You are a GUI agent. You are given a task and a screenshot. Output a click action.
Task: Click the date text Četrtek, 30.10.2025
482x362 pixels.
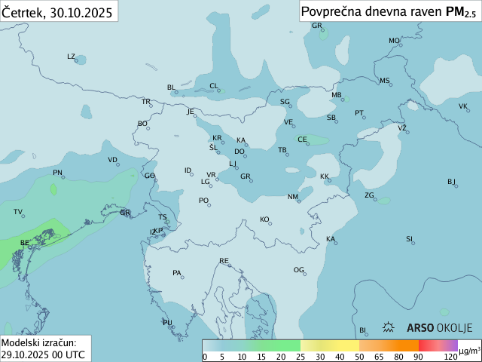click(57, 12)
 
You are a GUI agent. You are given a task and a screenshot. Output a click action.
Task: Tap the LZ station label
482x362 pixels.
click(71, 57)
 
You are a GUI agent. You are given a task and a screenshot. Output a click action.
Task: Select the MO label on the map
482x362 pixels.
click(394, 41)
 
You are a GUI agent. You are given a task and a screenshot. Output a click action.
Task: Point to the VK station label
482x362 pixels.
click(463, 106)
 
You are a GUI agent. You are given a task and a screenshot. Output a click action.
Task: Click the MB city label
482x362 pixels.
click(337, 95)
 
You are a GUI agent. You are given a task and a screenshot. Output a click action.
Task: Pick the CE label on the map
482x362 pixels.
click(302, 140)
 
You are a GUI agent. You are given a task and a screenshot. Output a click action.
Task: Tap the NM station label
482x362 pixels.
click(292, 197)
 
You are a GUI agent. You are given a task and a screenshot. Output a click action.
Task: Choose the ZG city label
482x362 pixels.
click(370, 195)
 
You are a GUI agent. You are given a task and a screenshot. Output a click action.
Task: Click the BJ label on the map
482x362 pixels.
click(452, 182)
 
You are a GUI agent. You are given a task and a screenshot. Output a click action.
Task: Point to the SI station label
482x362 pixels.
click(410, 239)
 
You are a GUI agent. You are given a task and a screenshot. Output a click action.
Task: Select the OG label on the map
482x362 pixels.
click(299, 270)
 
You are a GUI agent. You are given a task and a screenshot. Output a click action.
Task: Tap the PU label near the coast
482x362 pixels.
click(167, 323)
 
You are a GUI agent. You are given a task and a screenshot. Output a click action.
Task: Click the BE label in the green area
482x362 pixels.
click(25, 243)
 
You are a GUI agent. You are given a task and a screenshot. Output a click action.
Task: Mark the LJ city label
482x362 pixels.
click(233, 164)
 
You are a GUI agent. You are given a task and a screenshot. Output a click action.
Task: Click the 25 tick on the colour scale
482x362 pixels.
click(300, 357)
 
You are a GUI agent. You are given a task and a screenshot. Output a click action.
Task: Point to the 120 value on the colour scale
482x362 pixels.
click(450, 357)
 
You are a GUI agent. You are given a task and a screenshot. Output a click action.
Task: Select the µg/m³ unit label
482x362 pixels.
click(469, 351)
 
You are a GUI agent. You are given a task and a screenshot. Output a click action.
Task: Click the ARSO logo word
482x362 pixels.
click(420, 328)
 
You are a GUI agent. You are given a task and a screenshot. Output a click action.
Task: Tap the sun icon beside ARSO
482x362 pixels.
click(389, 328)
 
